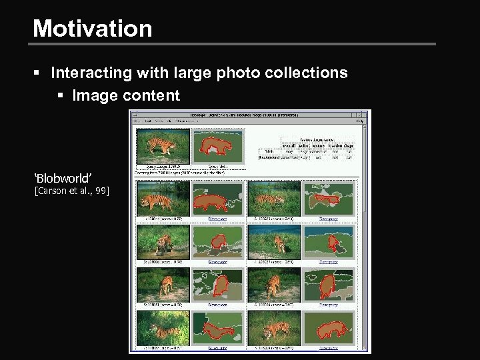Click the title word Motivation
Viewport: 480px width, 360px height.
[92, 28]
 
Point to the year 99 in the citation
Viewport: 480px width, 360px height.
[101, 192]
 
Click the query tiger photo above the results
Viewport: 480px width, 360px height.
[162, 145]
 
